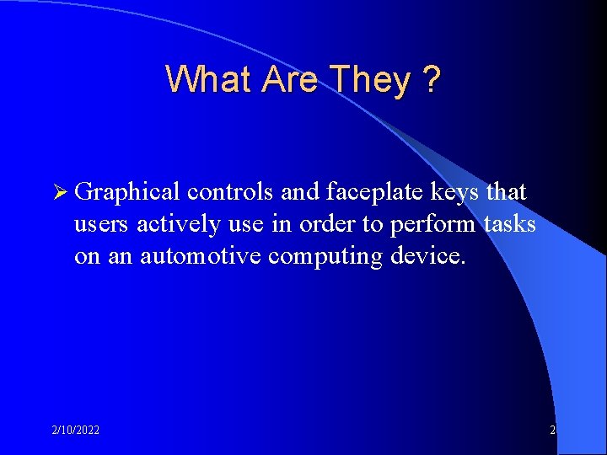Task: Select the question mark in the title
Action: pyautogui.click(x=431, y=79)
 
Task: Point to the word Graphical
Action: pyautogui.click(x=126, y=192)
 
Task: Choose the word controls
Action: pyautogui.click(x=230, y=192)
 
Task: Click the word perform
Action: pyautogui.click(x=433, y=225)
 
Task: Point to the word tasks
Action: pyautogui.click(x=509, y=224)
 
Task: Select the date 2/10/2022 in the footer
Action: pyautogui.click(x=74, y=431)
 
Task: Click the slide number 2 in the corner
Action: pyautogui.click(x=552, y=431)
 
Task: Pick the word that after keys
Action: pyautogui.click(x=505, y=192)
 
